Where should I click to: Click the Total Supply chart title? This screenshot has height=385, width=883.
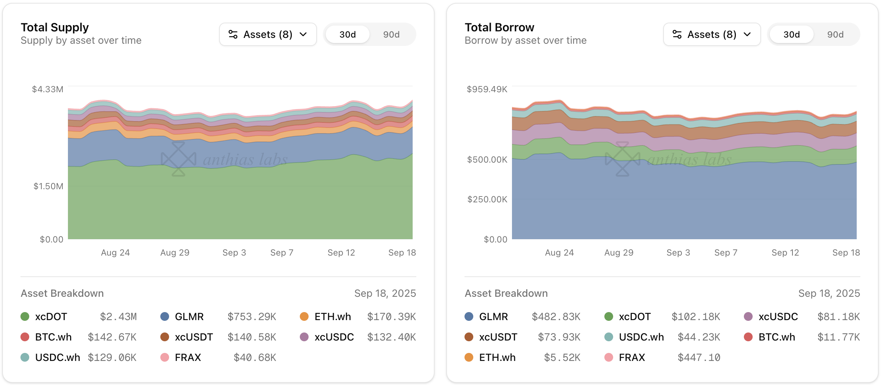(55, 27)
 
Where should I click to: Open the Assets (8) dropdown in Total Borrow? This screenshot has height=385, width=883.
(712, 34)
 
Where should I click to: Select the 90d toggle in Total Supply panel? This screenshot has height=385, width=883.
(391, 35)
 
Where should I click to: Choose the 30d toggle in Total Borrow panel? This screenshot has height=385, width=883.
(791, 35)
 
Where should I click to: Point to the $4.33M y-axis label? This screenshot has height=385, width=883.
(47, 89)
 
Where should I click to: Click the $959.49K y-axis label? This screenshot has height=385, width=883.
(487, 89)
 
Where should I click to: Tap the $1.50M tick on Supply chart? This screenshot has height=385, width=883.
(48, 186)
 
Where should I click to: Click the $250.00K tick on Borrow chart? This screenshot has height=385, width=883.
(487, 199)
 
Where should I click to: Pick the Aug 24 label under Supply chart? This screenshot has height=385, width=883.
(115, 253)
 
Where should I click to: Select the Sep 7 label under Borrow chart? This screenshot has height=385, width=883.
(726, 253)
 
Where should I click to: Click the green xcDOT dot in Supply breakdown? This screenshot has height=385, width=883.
(25, 316)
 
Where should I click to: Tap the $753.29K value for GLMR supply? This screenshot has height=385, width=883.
(252, 316)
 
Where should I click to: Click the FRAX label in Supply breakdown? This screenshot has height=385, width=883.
(188, 357)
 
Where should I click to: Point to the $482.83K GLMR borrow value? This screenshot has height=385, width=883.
(556, 316)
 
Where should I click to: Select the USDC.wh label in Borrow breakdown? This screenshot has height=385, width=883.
(641, 337)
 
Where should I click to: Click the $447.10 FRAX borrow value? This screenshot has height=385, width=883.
(699, 357)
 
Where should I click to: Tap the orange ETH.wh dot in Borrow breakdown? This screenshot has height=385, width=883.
(469, 357)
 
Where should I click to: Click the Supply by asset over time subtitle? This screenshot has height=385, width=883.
(81, 40)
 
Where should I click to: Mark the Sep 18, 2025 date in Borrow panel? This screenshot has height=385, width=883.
(829, 293)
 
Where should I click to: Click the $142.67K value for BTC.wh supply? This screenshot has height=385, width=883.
(112, 337)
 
